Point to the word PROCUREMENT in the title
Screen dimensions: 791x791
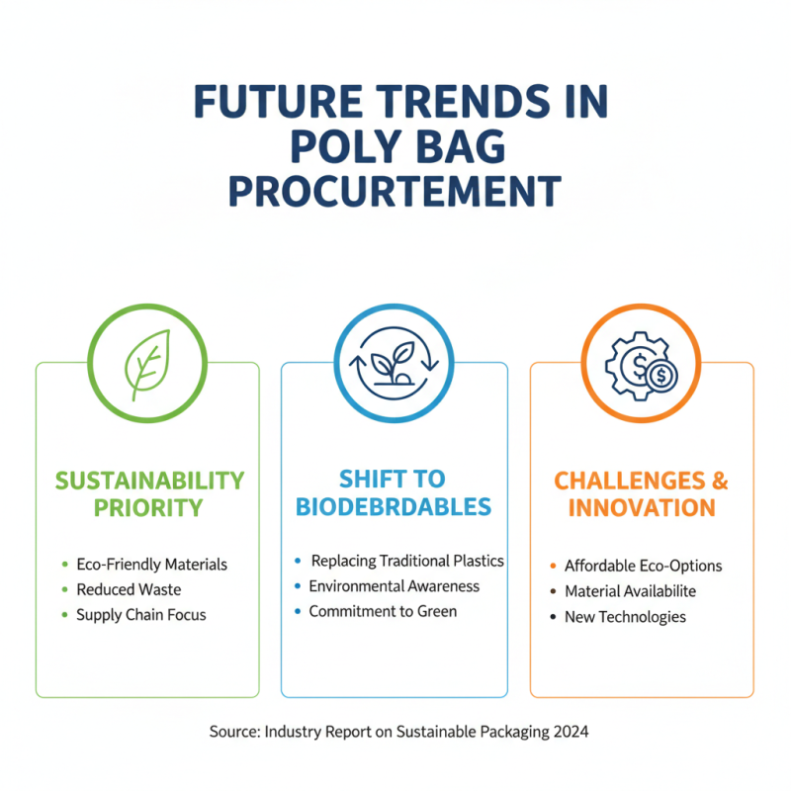coord(395,190)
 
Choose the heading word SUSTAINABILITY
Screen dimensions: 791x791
coord(148,481)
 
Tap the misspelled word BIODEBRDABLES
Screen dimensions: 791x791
coord(395,507)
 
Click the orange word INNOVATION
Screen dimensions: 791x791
coord(642,508)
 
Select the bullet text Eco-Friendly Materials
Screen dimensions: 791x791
coord(151,565)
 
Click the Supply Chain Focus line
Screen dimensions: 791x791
coord(141,615)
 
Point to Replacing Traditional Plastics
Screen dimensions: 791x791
coord(407,561)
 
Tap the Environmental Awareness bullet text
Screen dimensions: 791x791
coord(394,586)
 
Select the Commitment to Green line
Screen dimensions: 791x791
coord(383,612)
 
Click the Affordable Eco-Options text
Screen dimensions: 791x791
coord(643,567)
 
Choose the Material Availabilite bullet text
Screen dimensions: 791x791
coord(630,591)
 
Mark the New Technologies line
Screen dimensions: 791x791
coord(625,617)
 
